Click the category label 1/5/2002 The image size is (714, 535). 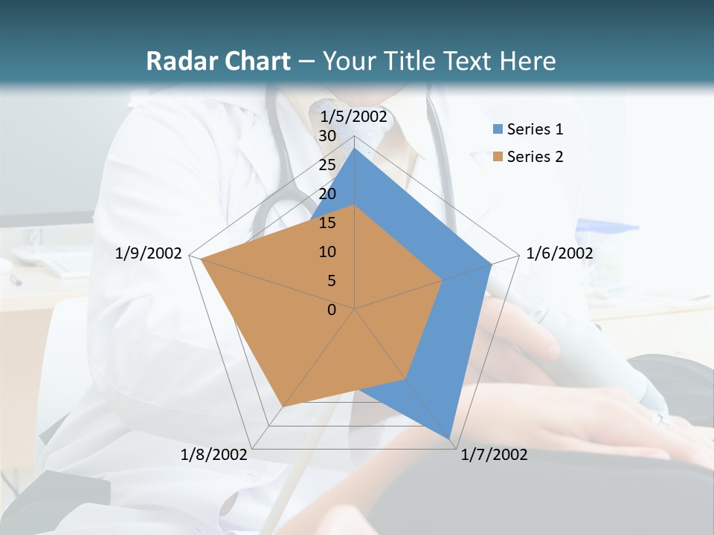point(353,116)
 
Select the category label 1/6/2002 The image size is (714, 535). point(559,253)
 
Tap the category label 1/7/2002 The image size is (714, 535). point(494,455)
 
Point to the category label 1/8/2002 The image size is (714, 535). point(214,455)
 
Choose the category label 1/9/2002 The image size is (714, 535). point(148,253)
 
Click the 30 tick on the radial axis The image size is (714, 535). point(327,136)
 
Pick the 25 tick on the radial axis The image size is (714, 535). point(327,165)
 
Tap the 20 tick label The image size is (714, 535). point(327,194)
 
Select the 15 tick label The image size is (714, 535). point(327,223)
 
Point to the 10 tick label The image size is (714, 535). point(327,252)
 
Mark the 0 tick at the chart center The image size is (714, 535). point(332,310)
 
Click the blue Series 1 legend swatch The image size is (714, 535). point(498,129)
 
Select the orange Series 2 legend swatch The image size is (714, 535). point(498,157)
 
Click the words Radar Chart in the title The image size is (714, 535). point(218,61)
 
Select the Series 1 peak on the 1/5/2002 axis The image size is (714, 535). point(355,149)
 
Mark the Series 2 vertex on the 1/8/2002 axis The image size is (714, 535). point(282,407)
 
